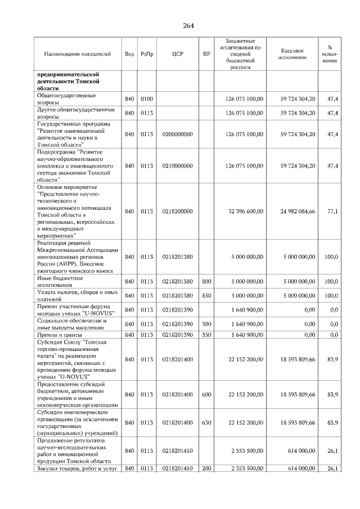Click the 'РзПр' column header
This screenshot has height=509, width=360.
[147, 54]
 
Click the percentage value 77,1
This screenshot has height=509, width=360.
[332, 211]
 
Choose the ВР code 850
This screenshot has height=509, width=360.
[206, 295]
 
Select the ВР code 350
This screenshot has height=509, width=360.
[206, 335]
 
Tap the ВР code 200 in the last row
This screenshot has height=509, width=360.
[206, 469]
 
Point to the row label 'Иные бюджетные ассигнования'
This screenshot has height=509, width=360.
[60, 281]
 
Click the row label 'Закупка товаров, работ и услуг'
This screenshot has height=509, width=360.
[76, 469]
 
